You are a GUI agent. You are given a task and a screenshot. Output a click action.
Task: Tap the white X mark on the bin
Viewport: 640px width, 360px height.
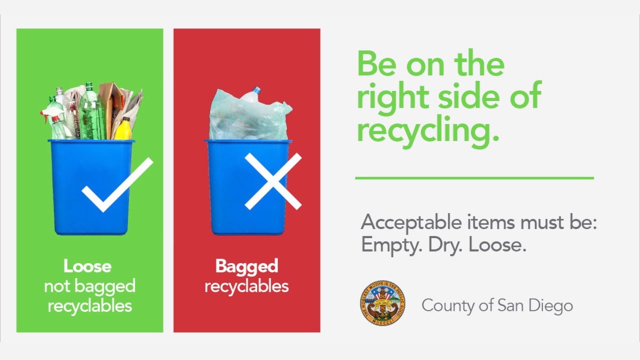pos(273,181)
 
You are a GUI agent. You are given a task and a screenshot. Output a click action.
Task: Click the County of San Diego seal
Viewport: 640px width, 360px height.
pos(382,303)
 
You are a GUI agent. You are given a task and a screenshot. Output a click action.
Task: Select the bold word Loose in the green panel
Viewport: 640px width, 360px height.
pos(87,266)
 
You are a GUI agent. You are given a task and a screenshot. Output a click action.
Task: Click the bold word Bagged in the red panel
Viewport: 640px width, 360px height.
pos(246,266)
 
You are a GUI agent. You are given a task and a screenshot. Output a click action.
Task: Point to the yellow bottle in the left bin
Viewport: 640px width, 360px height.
pos(123,129)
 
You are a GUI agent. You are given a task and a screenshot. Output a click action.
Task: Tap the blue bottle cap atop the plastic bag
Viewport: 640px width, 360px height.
pos(256,90)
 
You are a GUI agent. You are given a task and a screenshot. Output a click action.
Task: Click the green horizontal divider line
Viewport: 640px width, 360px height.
pos(474,177)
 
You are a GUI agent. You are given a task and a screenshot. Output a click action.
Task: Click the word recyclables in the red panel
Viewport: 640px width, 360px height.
pos(246,286)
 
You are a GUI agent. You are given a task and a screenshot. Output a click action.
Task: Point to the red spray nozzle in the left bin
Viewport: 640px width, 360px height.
pos(48,114)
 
